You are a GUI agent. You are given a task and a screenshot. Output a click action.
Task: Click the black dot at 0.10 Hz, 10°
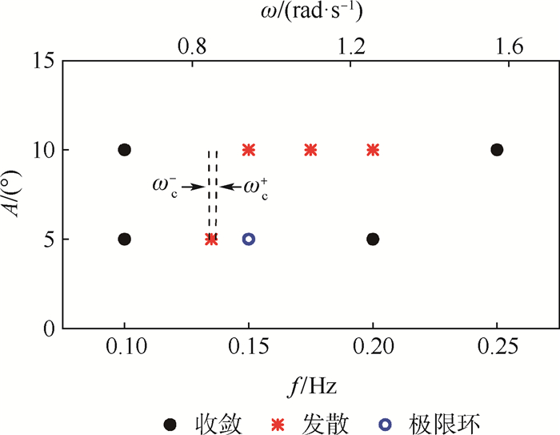124,150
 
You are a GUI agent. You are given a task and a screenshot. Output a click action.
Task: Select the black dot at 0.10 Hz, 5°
124,239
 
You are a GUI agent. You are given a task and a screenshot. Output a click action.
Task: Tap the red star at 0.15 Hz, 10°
249,150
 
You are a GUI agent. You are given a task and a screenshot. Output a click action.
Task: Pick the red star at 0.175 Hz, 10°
310,150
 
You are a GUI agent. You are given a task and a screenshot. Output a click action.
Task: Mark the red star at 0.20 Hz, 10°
373,150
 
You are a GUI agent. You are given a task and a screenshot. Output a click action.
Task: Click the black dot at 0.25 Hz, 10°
497,150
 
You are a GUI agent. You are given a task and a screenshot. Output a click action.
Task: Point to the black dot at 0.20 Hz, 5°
373,239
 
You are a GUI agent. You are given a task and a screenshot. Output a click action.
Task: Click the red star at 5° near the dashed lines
211,239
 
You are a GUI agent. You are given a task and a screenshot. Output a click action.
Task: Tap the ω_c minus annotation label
165,187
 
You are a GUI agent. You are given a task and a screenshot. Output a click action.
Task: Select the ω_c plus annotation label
256,187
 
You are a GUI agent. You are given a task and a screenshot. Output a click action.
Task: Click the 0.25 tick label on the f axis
498,346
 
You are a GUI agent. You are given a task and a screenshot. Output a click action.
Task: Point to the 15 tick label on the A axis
43,60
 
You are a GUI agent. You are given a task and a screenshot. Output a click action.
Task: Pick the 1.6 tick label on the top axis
510,46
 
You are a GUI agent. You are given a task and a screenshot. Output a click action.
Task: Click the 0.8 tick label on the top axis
193,46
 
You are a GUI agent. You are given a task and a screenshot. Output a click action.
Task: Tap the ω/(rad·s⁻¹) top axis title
311,12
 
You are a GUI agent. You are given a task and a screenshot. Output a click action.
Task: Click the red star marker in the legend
278,425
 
